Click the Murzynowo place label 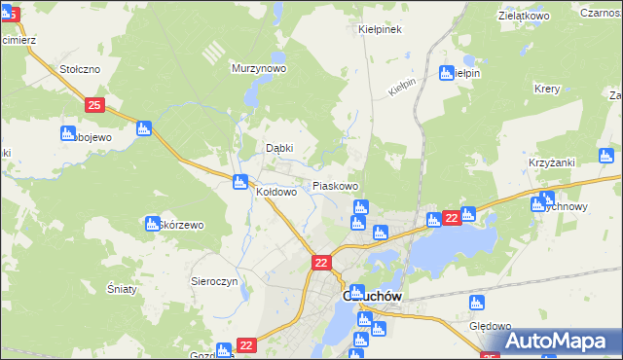tap(258, 69)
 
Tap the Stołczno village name tap(80, 69)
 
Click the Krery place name tap(546, 89)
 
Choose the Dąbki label tap(280, 148)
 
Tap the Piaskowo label tap(335, 185)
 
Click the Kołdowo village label tap(275, 193)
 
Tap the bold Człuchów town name tap(369, 298)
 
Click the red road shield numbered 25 tap(93, 104)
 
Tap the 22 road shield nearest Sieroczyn tap(322, 262)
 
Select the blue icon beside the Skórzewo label tap(152, 224)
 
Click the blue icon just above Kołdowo tap(239, 180)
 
